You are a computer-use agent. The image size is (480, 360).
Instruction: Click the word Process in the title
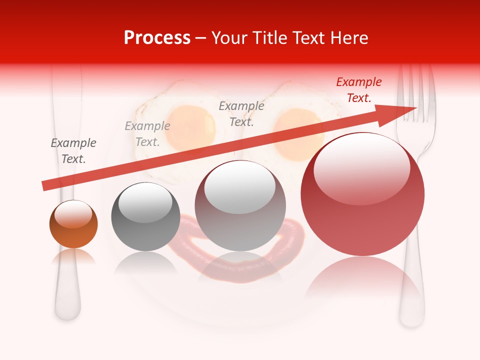point(157,38)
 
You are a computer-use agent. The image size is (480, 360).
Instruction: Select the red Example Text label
point(359,90)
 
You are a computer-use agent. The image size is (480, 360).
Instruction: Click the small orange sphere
point(73,224)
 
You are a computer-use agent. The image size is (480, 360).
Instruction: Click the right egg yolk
point(298,134)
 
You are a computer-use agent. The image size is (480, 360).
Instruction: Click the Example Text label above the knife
point(73,151)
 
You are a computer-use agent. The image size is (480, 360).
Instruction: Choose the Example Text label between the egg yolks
point(241,113)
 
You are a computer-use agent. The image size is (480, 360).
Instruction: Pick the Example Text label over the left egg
point(147,134)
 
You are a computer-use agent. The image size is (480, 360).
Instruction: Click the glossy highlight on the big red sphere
point(361,169)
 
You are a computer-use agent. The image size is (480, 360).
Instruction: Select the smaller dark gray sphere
point(145,216)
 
